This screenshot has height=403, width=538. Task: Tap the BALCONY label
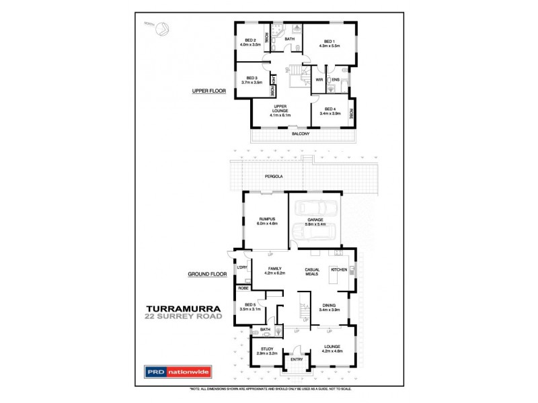coord(301,134)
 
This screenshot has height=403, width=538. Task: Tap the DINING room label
coord(329,306)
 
